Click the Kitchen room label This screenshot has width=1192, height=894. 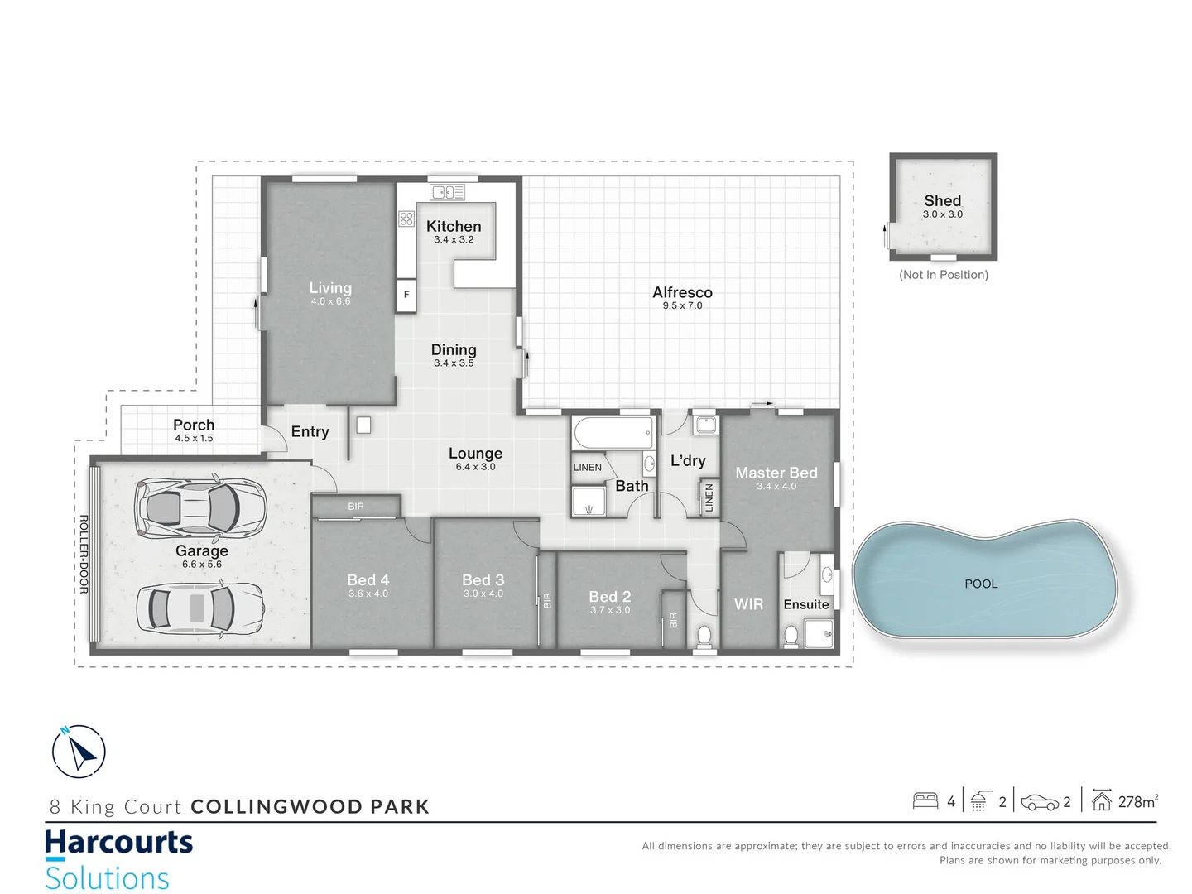(x=454, y=226)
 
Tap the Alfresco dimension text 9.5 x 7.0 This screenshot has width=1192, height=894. (x=682, y=305)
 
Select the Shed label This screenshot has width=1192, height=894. (x=943, y=200)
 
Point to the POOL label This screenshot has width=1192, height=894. (x=981, y=584)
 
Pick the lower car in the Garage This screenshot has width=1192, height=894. (x=200, y=608)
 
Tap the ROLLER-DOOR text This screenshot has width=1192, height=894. (x=84, y=554)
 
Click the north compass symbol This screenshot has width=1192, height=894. (x=79, y=752)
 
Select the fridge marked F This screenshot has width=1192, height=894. (x=406, y=295)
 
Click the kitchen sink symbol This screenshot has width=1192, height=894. (x=448, y=192)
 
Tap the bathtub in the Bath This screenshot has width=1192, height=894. (x=613, y=432)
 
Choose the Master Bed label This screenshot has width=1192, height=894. (x=776, y=473)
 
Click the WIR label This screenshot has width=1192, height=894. (x=748, y=604)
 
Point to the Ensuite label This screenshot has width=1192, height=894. (x=805, y=604)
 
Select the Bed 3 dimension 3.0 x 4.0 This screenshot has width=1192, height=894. (x=483, y=594)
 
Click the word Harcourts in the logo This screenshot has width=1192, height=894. (x=118, y=843)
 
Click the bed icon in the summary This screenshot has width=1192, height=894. (x=925, y=800)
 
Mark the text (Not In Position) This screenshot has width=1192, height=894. (x=944, y=275)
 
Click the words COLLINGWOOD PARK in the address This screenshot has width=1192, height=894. (x=310, y=806)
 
